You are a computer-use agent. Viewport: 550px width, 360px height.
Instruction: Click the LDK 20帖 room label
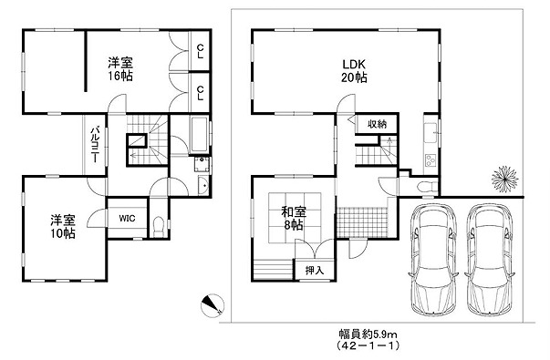[x=354, y=70]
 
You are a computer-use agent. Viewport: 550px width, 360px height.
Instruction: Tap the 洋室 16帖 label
[x=120, y=69]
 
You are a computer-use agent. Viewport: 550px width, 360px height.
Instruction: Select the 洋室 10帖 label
[x=62, y=227]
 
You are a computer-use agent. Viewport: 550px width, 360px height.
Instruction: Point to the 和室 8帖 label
[x=294, y=219]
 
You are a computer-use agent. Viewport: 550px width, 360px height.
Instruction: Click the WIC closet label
[x=127, y=219]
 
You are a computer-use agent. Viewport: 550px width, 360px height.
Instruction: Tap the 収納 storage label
[x=377, y=124]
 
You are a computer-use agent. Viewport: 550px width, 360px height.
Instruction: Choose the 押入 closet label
[x=315, y=271]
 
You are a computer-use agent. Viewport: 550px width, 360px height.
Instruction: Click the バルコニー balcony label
[x=94, y=145]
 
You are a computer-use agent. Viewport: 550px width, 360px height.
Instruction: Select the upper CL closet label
[x=200, y=51]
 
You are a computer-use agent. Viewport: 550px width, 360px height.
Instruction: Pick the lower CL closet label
[x=200, y=94]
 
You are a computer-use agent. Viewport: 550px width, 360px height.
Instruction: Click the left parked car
[x=434, y=259]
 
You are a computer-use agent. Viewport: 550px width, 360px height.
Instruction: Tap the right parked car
[x=491, y=259]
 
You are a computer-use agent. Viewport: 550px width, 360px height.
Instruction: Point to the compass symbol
[x=213, y=305]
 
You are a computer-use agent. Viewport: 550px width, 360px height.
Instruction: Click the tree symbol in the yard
[x=504, y=179]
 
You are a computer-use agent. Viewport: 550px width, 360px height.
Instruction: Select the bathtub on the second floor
[x=199, y=136]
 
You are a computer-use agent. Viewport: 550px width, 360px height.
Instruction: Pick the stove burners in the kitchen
[x=430, y=162]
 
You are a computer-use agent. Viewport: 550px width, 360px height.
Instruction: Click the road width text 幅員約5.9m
[x=368, y=333]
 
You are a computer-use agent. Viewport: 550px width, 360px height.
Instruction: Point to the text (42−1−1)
[x=368, y=346]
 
